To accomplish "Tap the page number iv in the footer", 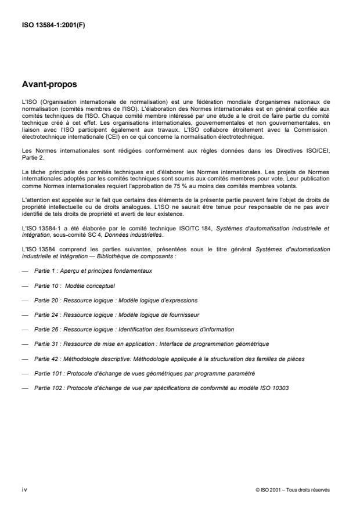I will (x=25, y=489).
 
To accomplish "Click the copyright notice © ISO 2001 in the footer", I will (x=292, y=489).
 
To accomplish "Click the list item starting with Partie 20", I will (x=116, y=316).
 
